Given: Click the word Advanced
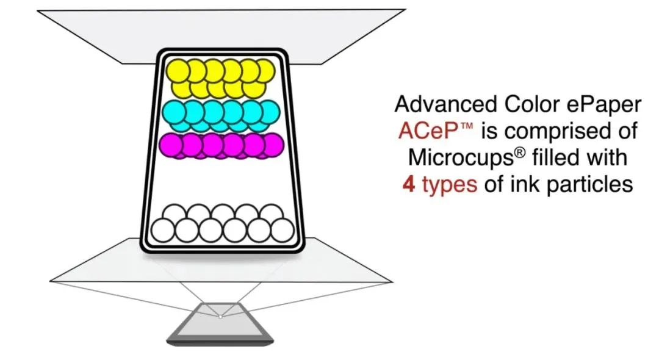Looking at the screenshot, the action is point(446,104).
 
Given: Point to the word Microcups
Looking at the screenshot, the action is point(461,157).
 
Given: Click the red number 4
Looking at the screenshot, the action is point(409,184).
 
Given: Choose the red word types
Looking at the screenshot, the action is point(450,185).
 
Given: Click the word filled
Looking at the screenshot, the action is point(557,157).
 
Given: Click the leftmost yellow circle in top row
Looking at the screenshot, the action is point(178,71).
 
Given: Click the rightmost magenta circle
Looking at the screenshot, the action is point(273,145).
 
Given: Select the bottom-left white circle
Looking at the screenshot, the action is point(163,231).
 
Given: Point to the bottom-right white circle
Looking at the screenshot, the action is point(283,231).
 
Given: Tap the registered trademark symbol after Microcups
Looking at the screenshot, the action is point(520,152).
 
